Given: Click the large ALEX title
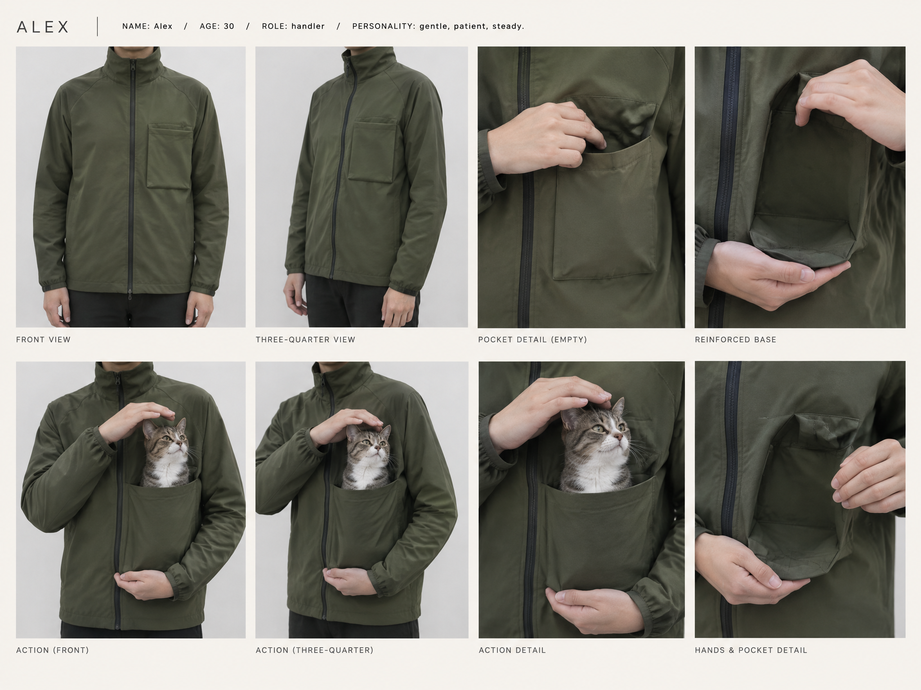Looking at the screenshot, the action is point(43,27).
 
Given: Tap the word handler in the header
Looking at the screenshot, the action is point(308,27).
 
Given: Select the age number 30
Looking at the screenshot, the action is point(229,27).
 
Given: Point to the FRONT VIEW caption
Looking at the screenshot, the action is point(43,340).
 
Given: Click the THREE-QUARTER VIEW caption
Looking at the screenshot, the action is point(305,340).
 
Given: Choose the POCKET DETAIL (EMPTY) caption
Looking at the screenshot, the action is point(532,340).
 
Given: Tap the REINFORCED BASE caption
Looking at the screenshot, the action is point(735,340).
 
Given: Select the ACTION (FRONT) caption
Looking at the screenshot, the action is point(52,650).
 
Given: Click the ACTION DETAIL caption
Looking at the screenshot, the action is point(512,650).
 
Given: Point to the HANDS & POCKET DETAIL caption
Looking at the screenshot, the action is point(751,650).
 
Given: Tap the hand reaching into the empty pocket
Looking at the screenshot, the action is point(546,137).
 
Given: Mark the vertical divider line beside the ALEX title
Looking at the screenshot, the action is point(98,27).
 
